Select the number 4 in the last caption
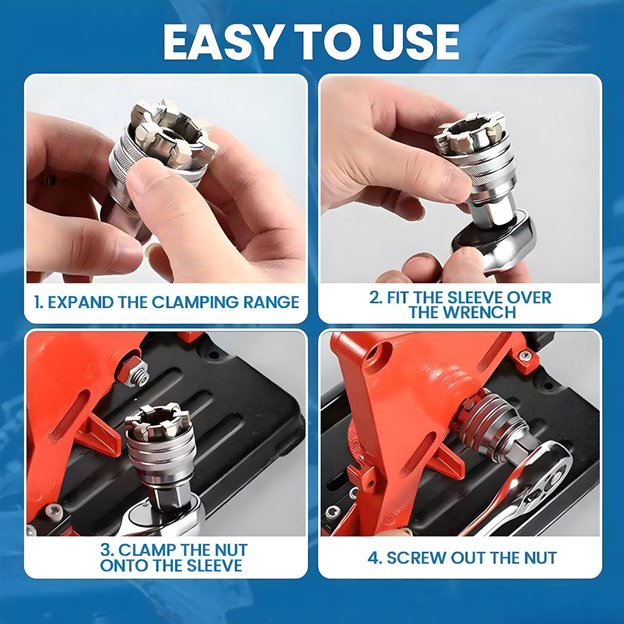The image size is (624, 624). pos(373,558)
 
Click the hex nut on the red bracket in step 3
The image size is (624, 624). pos(137,371)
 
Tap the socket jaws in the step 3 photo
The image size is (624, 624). pos(158,423)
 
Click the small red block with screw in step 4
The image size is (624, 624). pos(526,359)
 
